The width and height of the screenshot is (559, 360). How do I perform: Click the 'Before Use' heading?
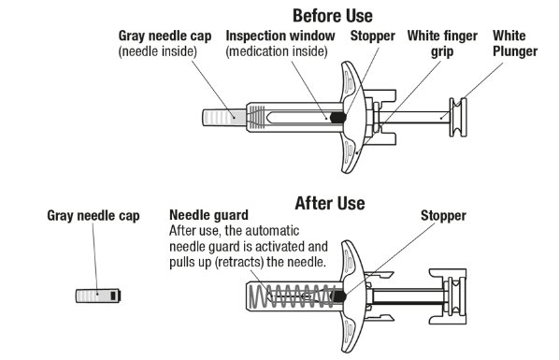(x=333, y=15)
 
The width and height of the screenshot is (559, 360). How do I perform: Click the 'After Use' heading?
(x=329, y=203)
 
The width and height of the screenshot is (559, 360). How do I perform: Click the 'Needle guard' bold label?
(x=202, y=216)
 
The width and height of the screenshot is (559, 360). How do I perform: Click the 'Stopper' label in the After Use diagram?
(x=442, y=216)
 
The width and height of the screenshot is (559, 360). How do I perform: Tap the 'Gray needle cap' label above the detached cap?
(x=93, y=216)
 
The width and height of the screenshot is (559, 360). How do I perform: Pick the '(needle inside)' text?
(x=156, y=51)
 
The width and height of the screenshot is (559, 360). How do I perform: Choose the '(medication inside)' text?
(x=278, y=51)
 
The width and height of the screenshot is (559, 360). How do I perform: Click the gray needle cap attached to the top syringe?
(x=221, y=117)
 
